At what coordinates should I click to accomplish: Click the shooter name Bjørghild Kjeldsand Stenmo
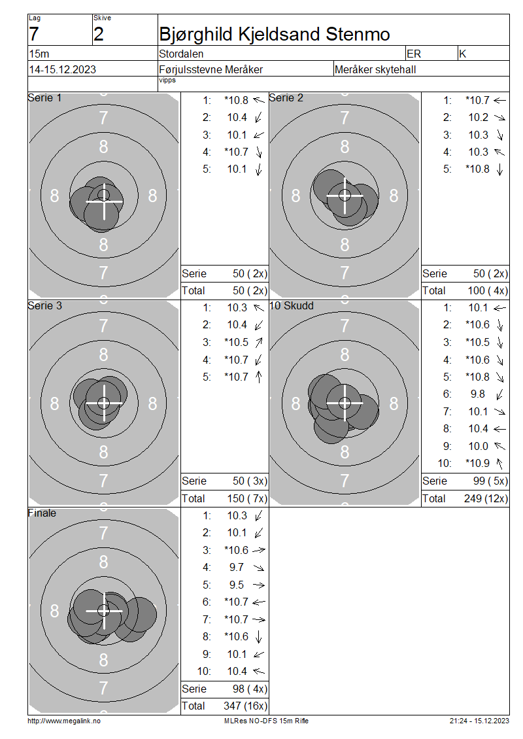click(x=274, y=35)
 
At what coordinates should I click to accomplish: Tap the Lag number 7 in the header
click(x=34, y=35)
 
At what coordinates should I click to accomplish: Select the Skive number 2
click(x=99, y=35)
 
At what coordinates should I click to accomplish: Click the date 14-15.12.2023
click(x=63, y=70)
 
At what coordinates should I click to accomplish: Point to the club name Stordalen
click(x=181, y=54)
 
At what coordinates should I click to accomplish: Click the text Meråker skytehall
click(x=375, y=70)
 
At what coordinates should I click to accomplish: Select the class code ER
click(x=414, y=54)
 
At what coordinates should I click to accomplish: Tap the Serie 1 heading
click(x=44, y=97)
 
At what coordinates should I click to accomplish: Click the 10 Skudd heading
click(x=291, y=305)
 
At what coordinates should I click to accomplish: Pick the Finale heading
click(x=42, y=513)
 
